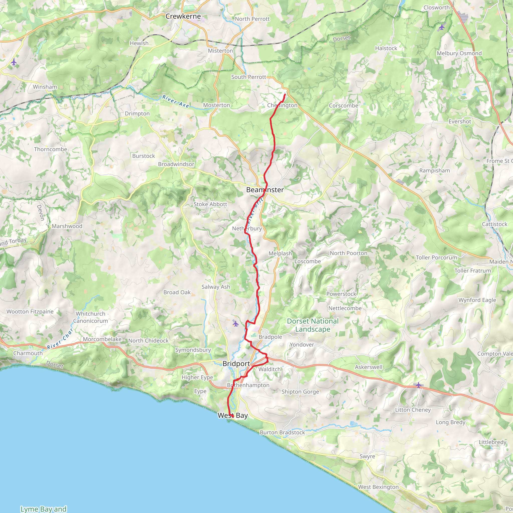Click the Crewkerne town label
(x=183, y=17)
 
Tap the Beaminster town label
(x=265, y=190)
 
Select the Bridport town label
(x=236, y=363)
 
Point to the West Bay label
(x=233, y=416)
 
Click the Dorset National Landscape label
(x=313, y=325)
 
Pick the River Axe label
(x=176, y=101)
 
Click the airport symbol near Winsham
(x=14, y=62)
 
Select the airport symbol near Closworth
(x=441, y=27)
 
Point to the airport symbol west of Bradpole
(x=235, y=323)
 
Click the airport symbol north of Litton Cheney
(x=419, y=385)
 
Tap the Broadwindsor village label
(x=176, y=164)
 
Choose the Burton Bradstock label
(x=282, y=433)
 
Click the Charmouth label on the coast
(x=28, y=353)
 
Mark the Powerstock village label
(x=341, y=294)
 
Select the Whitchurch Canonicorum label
(x=90, y=317)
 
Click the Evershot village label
(x=460, y=121)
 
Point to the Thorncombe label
(x=50, y=149)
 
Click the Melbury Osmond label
(x=459, y=53)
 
